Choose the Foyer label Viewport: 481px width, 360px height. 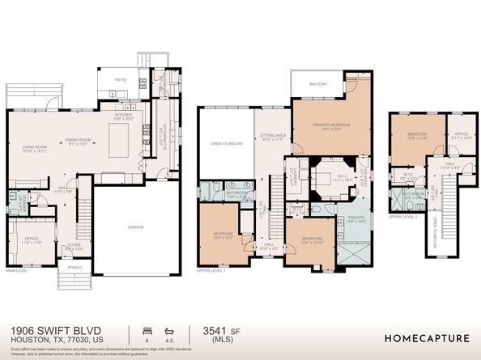click(74, 246)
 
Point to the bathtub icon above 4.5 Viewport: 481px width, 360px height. click(168, 330)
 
